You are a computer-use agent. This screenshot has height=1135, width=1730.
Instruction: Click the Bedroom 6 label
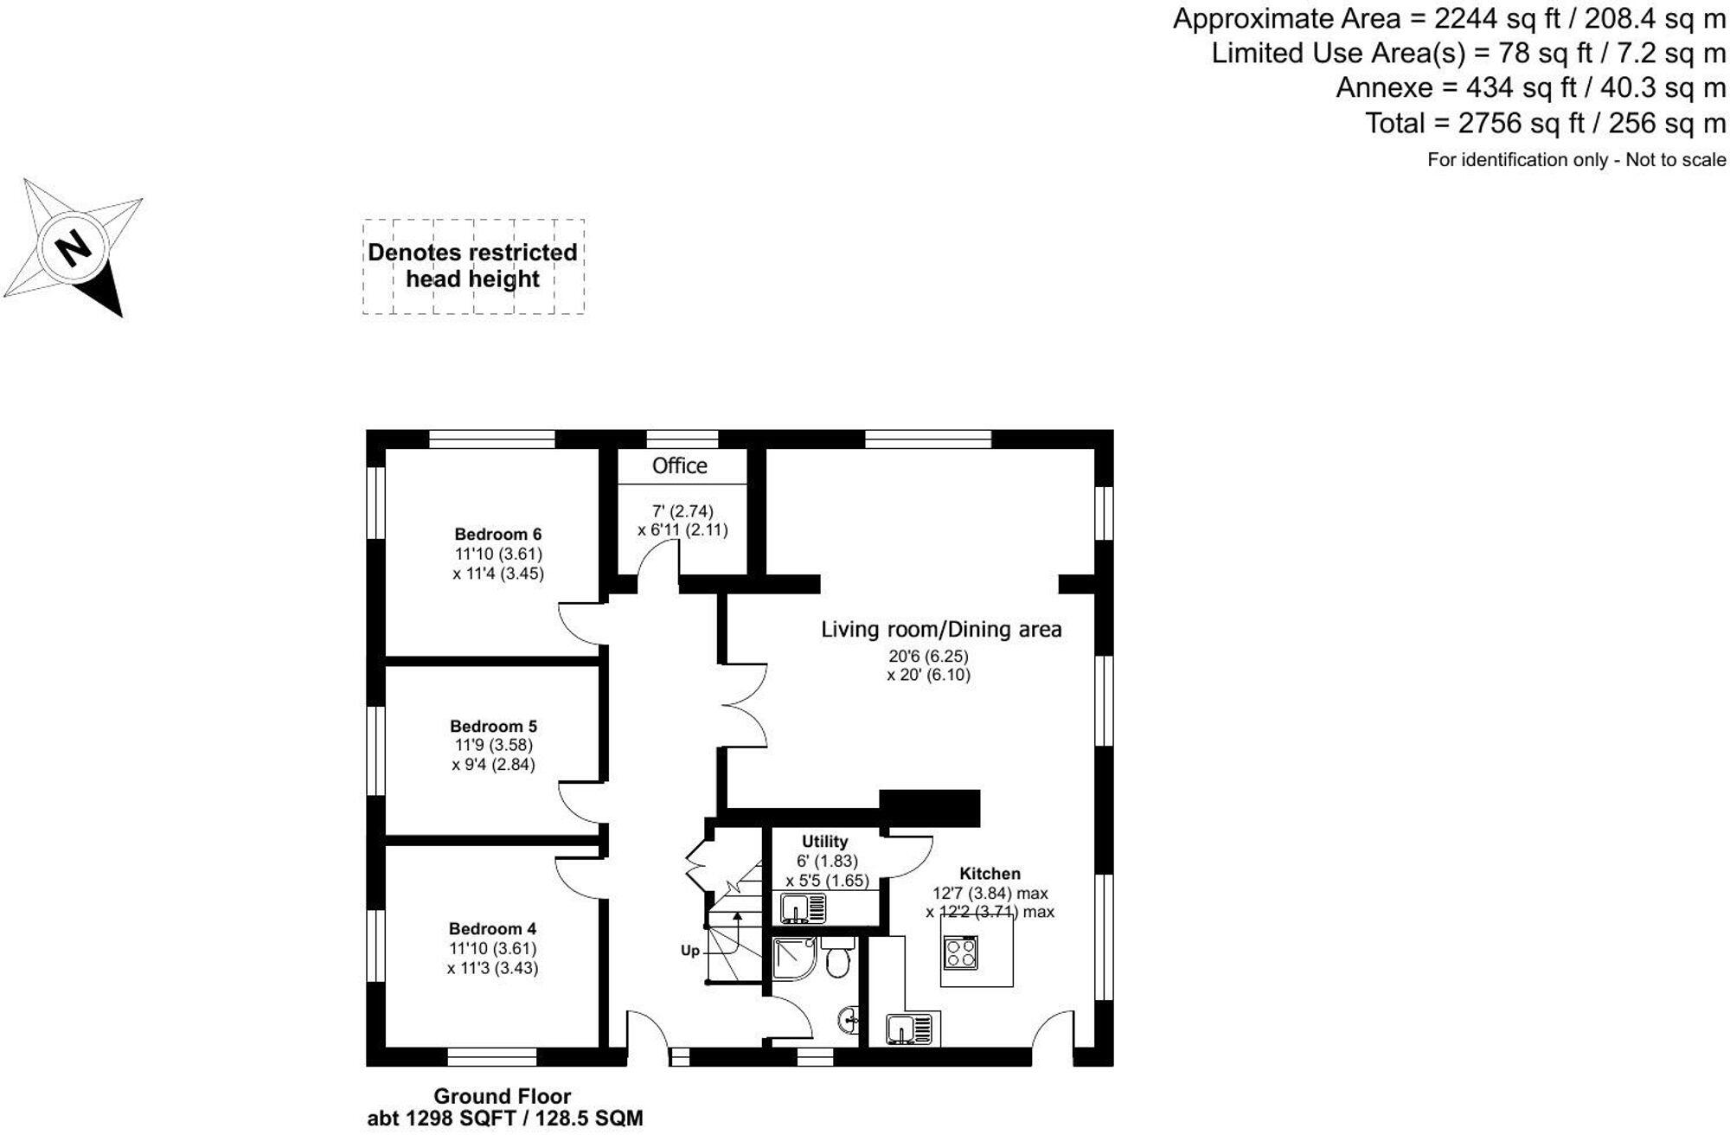click(x=497, y=534)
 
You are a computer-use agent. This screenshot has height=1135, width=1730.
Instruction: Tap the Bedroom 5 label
click(x=493, y=726)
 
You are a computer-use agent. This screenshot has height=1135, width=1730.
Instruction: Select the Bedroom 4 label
click(x=492, y=929)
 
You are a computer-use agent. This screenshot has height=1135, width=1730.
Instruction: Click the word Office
click(x=679, y=466)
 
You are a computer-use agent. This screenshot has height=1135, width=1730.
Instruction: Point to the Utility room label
click(x=824, y=841)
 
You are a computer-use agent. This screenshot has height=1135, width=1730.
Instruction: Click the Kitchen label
click(x=990, y=874)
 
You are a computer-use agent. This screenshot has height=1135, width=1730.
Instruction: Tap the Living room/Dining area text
click(x=941, y=629)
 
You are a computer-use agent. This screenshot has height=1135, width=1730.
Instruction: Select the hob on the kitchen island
click(x=960, y=952)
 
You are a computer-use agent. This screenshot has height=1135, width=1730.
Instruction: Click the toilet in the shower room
click(x=837, y=959)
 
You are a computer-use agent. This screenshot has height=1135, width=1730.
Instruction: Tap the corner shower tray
click(x=791, y=959)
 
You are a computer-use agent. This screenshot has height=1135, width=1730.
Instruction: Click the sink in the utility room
click(x=803, y=908)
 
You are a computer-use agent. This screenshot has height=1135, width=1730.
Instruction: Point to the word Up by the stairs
click(x=689, y=951)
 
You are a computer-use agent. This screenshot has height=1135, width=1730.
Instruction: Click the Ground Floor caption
click(x=502, y=1097)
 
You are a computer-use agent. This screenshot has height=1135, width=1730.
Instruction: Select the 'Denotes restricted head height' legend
click(x=472, y=266)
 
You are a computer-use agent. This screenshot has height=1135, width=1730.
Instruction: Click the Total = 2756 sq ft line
click(x=1545, y=123)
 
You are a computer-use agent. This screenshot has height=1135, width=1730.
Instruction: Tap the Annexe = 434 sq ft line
click(x=1530, y=87)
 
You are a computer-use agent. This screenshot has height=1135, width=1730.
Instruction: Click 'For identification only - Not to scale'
click(x=1576, y=160)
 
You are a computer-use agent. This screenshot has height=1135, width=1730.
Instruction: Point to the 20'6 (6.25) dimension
click(x=928, y=656)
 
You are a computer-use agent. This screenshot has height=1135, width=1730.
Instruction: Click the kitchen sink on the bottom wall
click(x=908, y=1029)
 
